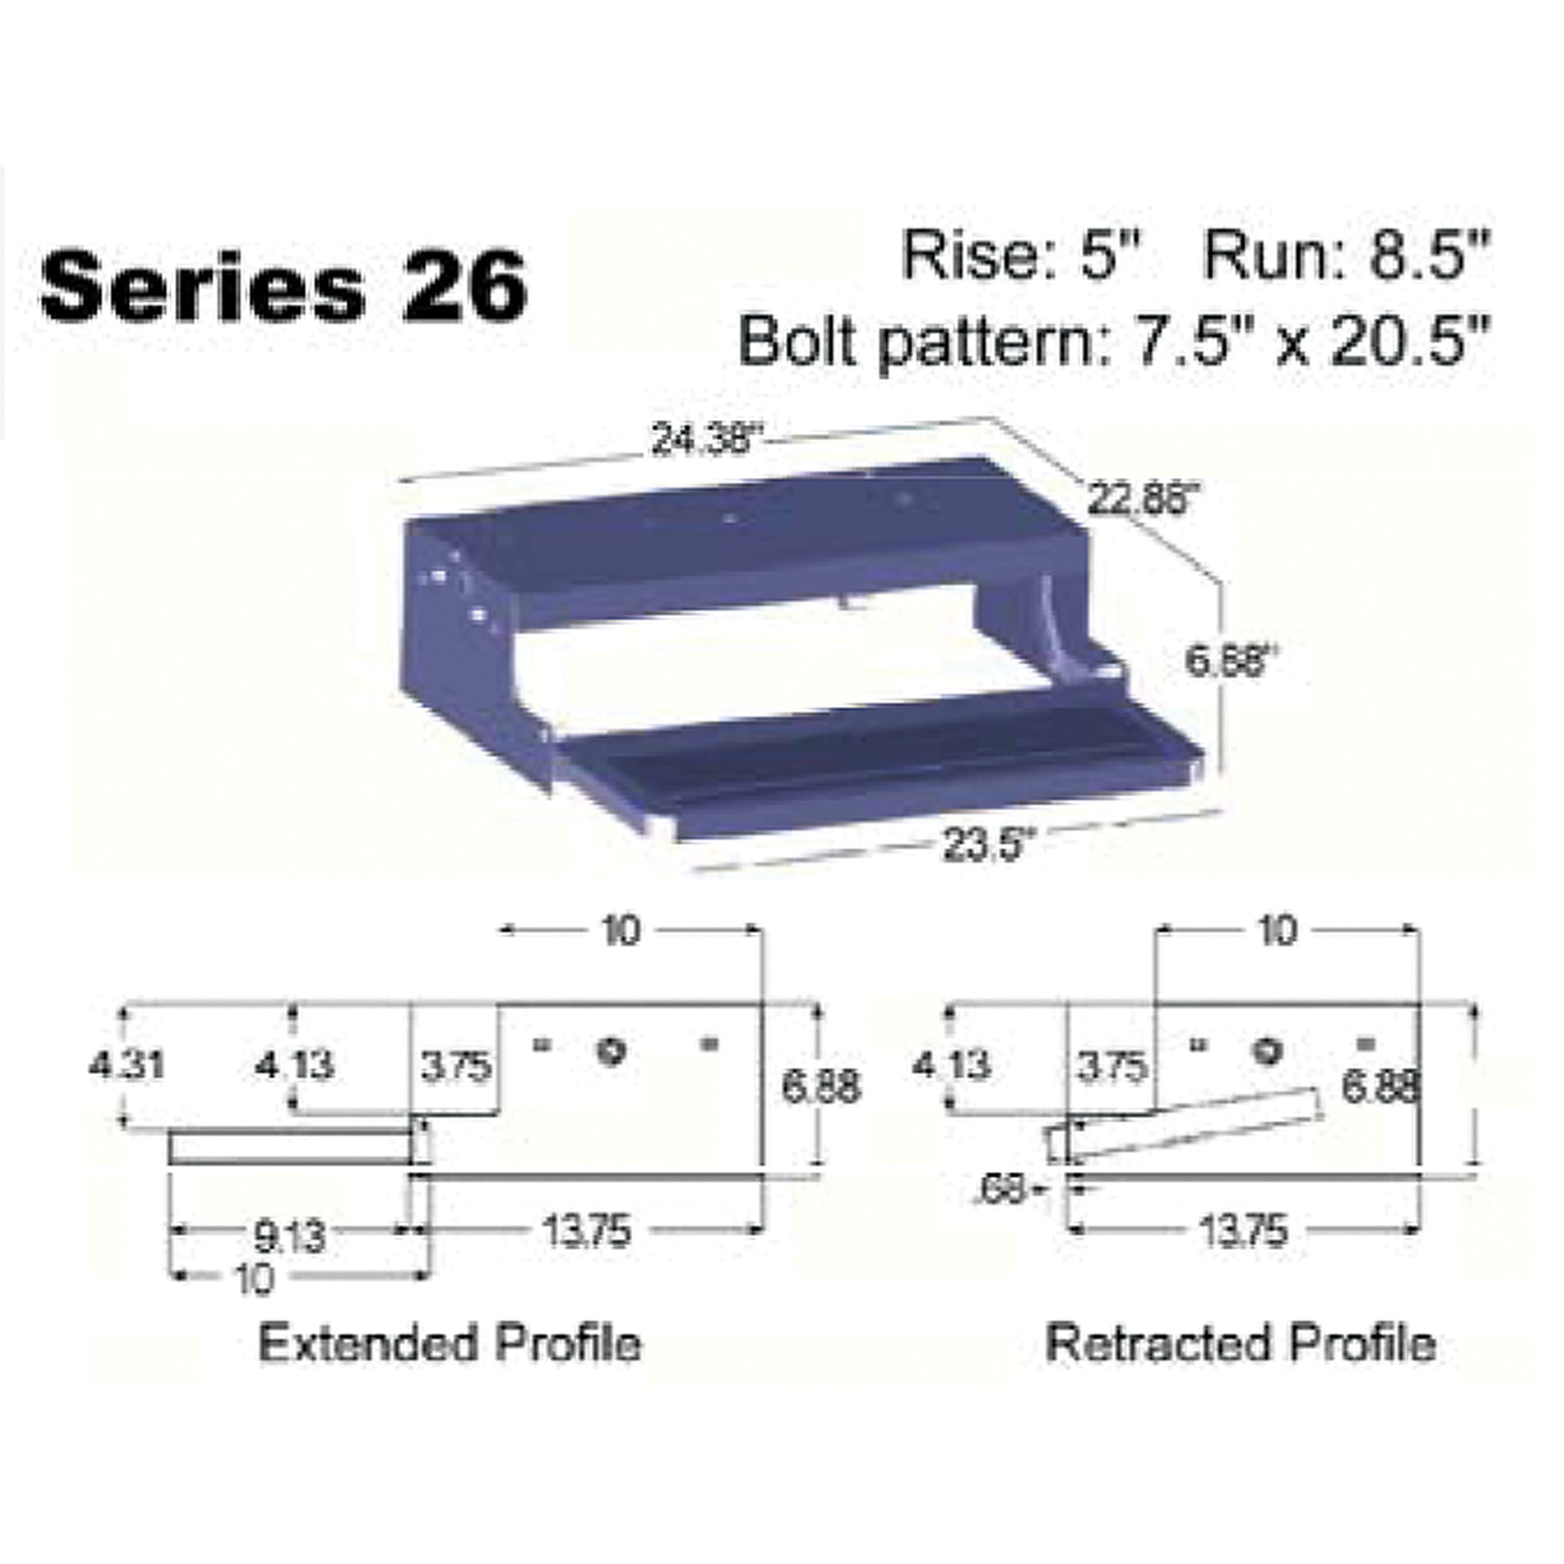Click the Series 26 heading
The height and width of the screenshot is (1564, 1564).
(283, 286)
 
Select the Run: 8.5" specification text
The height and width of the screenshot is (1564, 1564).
(1346, 256)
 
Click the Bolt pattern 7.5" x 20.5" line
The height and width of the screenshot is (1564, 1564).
(1113, 341)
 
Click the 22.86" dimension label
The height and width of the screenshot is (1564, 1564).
(1142, 500)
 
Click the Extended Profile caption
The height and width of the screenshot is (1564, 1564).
(450, 1343)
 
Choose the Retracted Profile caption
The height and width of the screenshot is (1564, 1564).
(1240, 1343)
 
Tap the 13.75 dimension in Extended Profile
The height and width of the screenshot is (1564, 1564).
(587, 1232)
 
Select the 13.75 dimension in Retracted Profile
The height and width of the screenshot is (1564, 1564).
(1243, 1232)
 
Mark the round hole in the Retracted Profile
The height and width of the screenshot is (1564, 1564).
(1268, 1052)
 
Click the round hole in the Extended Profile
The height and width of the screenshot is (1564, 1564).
(612, 1052)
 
